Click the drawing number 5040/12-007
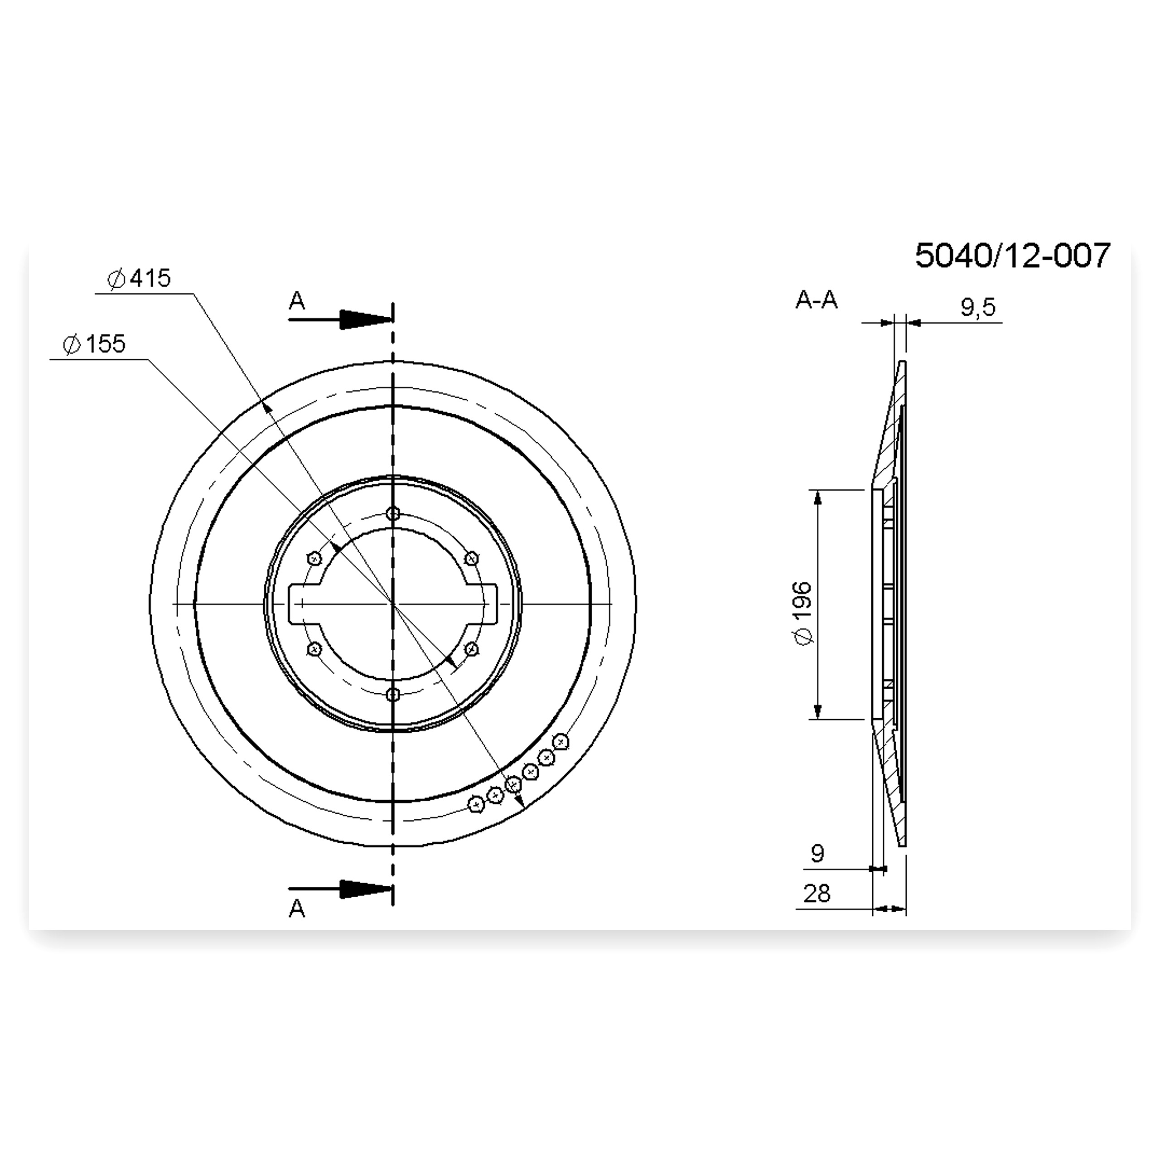tap(1012, 256)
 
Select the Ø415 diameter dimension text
tap(139, 279)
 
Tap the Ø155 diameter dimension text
tap(94, 345)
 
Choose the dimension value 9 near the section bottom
tap(817, 853)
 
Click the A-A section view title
tap(816, 299)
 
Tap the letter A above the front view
tap(297, 300)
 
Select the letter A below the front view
tap(297, 909)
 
